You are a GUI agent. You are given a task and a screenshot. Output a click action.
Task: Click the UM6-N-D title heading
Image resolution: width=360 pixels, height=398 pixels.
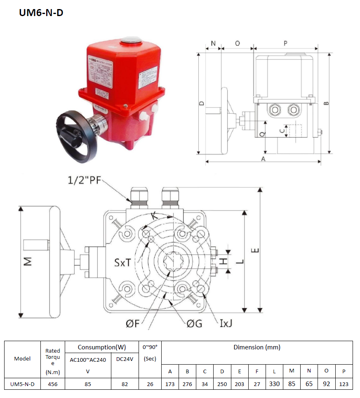(41, 13)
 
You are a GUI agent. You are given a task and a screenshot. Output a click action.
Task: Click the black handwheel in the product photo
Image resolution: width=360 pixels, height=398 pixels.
(77, 134)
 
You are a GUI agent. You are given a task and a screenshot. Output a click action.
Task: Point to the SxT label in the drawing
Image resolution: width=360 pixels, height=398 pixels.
(123, 262)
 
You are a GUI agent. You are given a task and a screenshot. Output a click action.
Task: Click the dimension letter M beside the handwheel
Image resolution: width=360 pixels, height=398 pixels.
(28, 261)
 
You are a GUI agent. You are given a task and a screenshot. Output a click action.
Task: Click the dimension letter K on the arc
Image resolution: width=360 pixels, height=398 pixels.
(154, 215)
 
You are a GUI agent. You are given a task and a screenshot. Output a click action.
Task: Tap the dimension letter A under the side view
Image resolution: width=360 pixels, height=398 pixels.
(263, 159)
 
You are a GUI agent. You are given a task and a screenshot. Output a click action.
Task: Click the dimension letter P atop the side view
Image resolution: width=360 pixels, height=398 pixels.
(285, 43)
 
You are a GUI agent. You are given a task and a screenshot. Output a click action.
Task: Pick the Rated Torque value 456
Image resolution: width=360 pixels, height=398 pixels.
(53, 384)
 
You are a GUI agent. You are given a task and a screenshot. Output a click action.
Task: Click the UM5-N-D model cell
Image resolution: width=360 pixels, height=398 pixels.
(22, 384)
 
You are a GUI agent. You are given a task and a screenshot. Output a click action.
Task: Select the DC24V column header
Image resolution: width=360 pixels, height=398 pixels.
(125, 359)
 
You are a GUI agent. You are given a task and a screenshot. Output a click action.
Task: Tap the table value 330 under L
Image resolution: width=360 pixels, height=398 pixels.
(274, 384)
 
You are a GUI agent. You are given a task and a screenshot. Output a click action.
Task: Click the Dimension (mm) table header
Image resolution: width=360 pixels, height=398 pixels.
(257, 347)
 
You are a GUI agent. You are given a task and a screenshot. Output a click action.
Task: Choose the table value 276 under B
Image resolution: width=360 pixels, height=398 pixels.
(187, 384)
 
